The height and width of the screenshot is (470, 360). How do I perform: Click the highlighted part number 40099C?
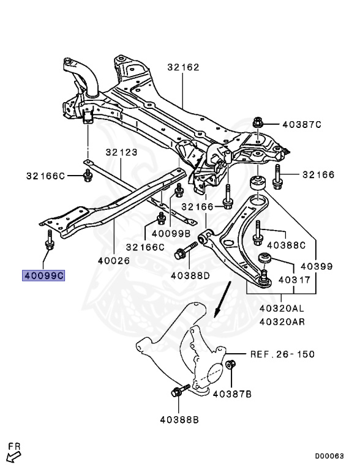[43, 275]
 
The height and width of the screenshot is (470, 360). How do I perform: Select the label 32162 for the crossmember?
[183, 67]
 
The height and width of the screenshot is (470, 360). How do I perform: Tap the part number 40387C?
[302, 124]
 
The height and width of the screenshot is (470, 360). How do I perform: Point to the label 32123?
[121, 152]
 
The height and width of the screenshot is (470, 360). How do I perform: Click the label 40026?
[114, 261]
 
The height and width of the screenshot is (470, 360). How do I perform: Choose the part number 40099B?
[171, 233]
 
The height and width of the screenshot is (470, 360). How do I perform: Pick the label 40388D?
[190, 275]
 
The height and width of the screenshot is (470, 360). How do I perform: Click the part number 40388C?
[286, 245]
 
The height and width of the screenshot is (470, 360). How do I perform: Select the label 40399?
[317, 266]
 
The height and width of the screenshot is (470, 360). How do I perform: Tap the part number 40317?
[294, 280]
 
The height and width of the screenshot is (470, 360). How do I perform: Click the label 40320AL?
[282, 308]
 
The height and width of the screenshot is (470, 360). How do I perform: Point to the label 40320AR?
[282, 322]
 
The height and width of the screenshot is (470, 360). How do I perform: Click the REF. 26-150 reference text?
[283, 354]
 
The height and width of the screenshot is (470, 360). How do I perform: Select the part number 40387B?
[232, 394]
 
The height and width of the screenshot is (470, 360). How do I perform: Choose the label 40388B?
[179, 420]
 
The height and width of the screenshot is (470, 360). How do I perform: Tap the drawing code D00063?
[329, 456]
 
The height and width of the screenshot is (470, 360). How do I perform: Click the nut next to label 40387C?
[257, 122]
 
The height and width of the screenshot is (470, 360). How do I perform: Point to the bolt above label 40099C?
[49, 240]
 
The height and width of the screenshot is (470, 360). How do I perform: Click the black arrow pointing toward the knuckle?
[222, 299]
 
